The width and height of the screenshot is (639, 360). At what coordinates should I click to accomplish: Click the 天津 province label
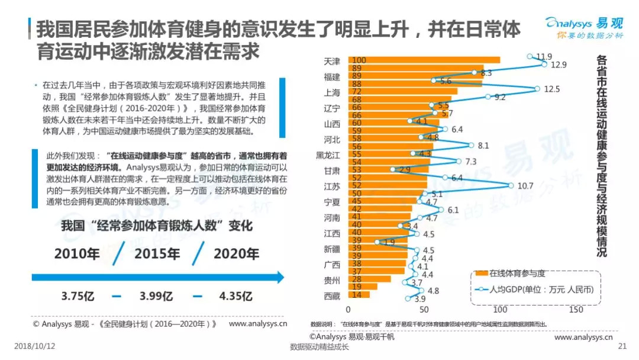(333, 61)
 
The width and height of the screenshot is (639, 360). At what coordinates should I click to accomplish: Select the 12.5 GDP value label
(551, 89)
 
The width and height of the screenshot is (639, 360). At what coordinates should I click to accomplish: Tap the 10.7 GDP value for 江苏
(525, 185)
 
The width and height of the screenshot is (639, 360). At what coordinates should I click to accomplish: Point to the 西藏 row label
(333, 295)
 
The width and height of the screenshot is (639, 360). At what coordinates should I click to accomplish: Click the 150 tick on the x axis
(576, 309)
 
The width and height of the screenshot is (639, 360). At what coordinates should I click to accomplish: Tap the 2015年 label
(157, 253)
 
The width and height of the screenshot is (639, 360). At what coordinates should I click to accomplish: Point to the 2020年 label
(236, 253)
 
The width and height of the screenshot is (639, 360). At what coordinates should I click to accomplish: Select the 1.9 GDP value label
(389, 242)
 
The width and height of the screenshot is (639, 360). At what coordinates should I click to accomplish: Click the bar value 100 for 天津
(359, 60)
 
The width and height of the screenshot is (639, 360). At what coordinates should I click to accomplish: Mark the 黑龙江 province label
(328, 155)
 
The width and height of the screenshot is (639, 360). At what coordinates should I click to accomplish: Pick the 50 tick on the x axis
(424, 309)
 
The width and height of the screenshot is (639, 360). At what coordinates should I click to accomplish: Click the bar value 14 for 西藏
(356, 295)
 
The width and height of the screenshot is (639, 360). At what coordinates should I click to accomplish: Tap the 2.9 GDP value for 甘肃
(405, 170)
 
